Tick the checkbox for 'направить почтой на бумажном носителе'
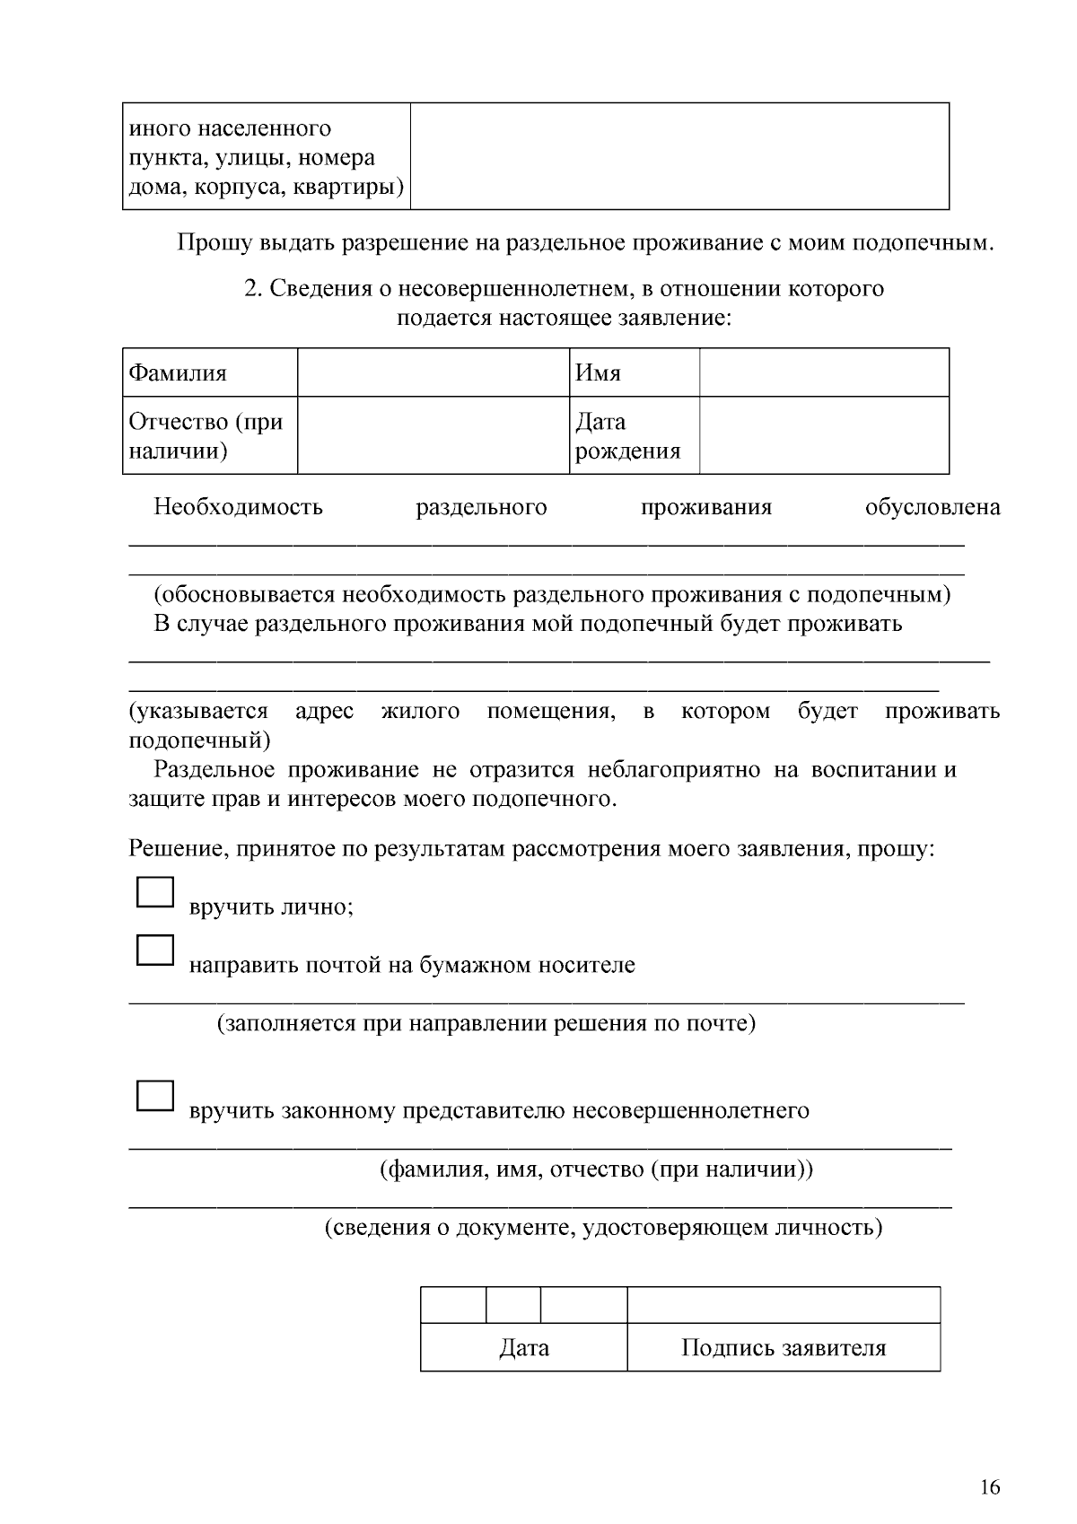coord(154,950)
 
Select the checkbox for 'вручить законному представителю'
coord(154,1097)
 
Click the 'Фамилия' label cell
coord(209,372)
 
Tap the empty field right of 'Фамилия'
coord(433,372)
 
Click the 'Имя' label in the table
coord(634,372)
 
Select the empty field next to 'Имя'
coord(824,372)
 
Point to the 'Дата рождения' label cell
coord(634,436)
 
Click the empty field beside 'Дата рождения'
coord(824,436)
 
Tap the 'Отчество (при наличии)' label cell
coord(209,436)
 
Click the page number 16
coord(989,1487)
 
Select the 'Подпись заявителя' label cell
coord(784,1348)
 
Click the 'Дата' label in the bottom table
coord(524,1348)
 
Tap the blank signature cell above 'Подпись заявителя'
coord(784,1305)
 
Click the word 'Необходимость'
coord(238,508)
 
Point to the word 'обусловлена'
coord(933,508)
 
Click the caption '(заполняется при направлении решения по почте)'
coord(486,1023)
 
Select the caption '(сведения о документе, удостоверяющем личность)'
coord(603,1227)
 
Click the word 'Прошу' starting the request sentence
coord(215,243)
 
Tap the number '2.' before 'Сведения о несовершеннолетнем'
coord(253,289)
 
